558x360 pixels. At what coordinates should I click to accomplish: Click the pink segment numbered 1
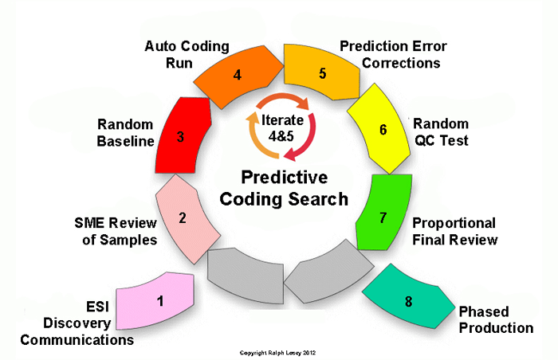(x=159, y=302)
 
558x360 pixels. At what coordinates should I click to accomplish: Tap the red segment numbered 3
(x=183, y=137)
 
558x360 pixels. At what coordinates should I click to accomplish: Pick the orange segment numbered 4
(x=238, y=76)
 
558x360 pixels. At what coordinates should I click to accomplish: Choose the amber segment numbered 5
(x=321, y=74)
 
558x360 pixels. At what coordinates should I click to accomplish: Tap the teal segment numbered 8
(x=407, y=300)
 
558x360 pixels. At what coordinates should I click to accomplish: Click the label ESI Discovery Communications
(x=77, y=323)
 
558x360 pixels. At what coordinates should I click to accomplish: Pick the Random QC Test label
(x=440, y=132)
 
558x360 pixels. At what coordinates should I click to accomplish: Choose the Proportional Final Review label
(x=454, y=231)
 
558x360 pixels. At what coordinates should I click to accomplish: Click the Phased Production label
(x=495, y=319)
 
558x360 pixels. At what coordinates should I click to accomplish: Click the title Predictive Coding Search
(x=284, y=188)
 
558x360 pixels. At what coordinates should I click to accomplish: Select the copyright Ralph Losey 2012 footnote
(x=279, y=351)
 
